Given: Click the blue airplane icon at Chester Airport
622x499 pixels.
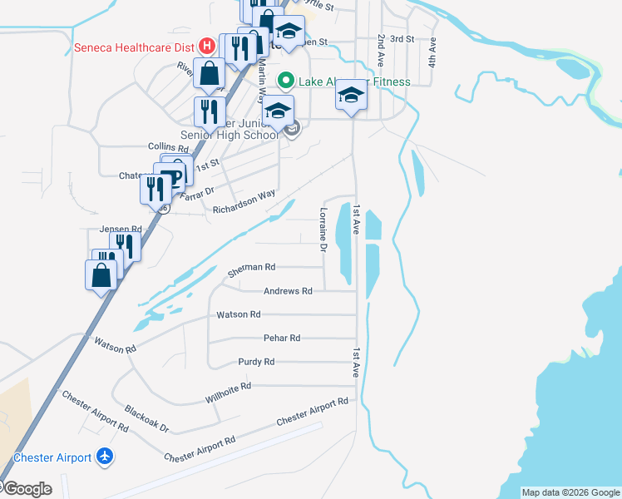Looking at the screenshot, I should (x=104, y=457).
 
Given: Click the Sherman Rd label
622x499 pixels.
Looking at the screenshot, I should (x=250, y=269).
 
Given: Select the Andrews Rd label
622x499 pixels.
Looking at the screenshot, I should (x=287, y=291).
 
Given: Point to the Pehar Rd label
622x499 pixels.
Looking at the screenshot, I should (x=281, y=338).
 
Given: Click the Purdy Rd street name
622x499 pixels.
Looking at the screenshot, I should (x=256, y=362).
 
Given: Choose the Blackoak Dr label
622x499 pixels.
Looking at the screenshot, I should (x=146, y=419).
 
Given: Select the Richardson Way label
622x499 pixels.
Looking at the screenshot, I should (x=244, y=203).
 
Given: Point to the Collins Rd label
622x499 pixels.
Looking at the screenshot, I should (x=164, y=146).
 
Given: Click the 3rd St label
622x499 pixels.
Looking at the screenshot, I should (x=402, y=39).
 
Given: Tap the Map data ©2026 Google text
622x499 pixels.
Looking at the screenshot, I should (x=570, y=492).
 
